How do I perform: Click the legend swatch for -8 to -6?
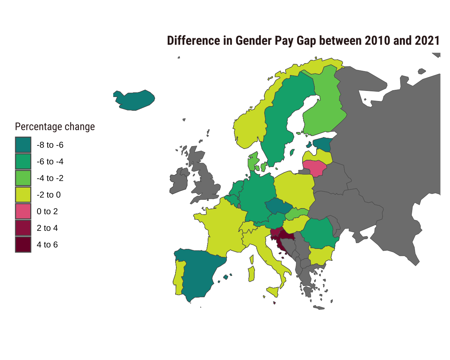tap(23, 145)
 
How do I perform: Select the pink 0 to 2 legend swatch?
tap(23, 211)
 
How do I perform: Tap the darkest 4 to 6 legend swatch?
tap(23, 245)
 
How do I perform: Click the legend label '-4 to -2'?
tap(50, 178)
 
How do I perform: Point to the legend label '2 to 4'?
tap(47, 228)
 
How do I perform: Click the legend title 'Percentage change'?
tap(55, 127)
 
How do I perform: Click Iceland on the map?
tap(135, 100)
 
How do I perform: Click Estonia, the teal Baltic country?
tap(323, 144)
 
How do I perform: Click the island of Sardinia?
tap(252, 274)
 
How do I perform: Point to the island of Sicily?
tap(273, 291)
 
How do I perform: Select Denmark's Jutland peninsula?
tap(253, 162)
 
